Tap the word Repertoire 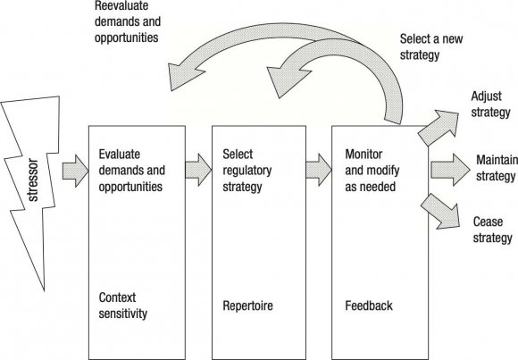pyautogui.click(x=248, y=306)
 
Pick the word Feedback pyautogui.click(x=368, y=306)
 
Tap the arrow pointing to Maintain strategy pyautogui.click(x=447, y=167)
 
